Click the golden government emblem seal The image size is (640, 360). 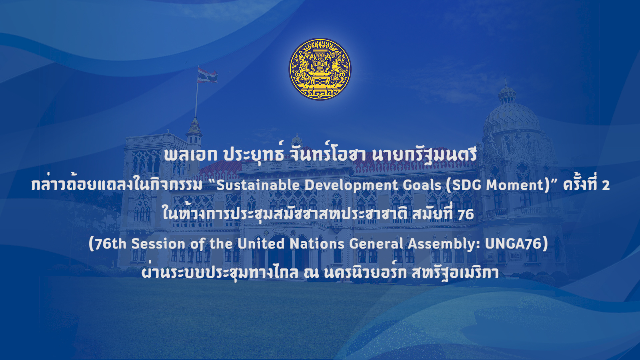coord(320,69)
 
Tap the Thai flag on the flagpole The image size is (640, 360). coord(207,75)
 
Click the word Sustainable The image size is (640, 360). coord(258,185)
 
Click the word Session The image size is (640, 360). coord(158,244)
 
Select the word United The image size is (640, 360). coord(261,244)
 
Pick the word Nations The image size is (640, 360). coord(317,244)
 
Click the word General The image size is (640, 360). coord(376,244)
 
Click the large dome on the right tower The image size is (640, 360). coord(511,117)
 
